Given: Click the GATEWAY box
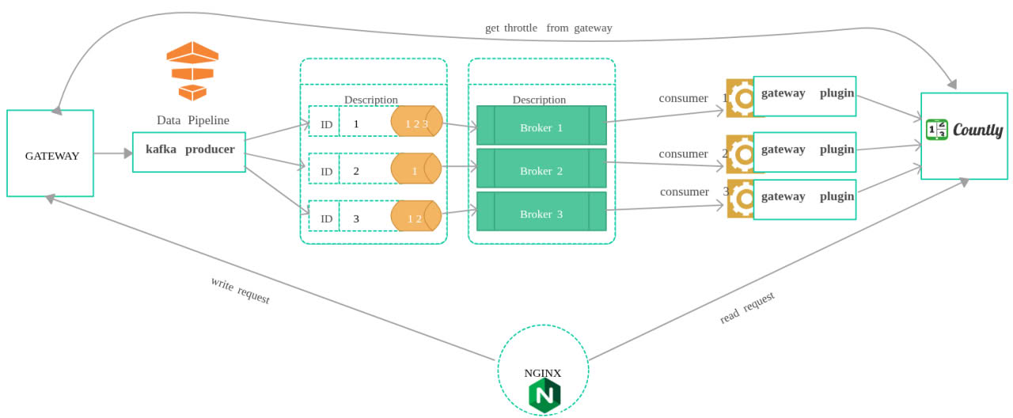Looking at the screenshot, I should [x=51, y=153].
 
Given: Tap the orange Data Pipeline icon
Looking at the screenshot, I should [x=192, y=71].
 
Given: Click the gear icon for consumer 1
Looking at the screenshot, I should [x=742, y=98].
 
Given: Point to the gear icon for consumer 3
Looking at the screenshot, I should [x=742, y=198].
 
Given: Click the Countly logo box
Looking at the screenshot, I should [x=964, y=135].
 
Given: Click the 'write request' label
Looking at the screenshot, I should [x=240, y=291].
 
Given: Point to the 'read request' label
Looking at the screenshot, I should [x=747, y=307].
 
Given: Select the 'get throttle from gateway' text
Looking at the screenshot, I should [x=548, y=28].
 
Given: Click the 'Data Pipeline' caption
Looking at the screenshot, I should [x=193, y=120].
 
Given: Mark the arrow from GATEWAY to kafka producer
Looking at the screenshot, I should [x=113, y=153].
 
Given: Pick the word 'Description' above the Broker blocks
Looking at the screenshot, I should [x=539, y=100].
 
